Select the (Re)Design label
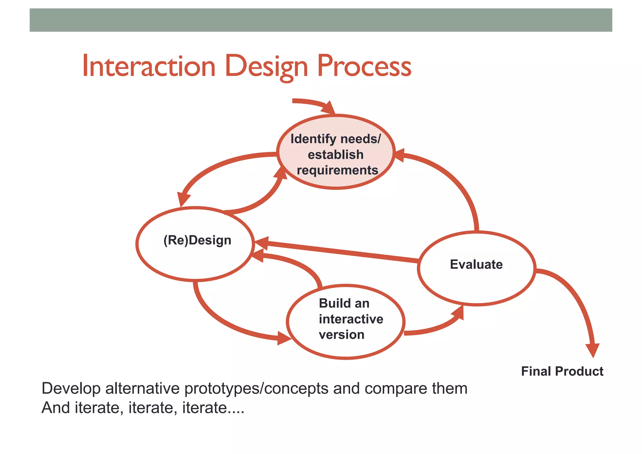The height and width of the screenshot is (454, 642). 197,240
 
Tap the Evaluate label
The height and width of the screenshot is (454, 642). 476,264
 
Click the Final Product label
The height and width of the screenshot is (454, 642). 562,371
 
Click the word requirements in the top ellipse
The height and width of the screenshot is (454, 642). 337,170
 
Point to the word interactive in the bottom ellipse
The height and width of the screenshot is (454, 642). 351,319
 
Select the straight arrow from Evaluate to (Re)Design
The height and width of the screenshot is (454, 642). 339,252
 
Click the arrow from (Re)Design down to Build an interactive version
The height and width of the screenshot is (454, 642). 226,323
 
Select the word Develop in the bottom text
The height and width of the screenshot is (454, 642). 71,389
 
